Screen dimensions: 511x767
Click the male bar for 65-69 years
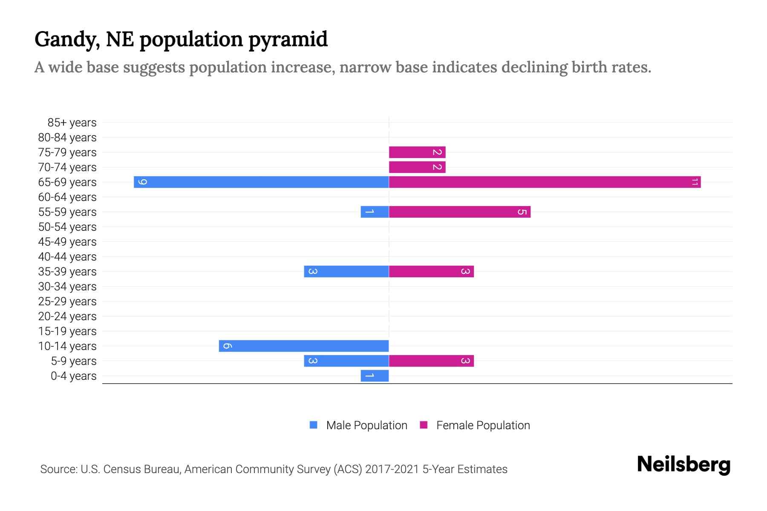point(261,182)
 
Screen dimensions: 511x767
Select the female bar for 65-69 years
point(545,182)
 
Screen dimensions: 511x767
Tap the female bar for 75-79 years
point(417,152)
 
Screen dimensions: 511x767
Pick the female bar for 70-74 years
point(417,167)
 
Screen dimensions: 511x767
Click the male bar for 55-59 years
point(375,212)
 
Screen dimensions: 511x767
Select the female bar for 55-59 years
point(459,212)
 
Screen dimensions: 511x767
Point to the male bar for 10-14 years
point(303,346)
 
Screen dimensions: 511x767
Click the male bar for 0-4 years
point(375,376)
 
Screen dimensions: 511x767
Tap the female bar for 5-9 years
point(431,361)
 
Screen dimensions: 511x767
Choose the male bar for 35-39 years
point(346,271)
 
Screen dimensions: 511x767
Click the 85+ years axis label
point(72,123)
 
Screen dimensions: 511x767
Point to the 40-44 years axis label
point(67,257)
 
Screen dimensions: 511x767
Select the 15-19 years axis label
point(67,331)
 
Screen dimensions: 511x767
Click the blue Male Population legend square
point(314,425)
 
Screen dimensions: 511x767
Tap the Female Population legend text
point(483,425)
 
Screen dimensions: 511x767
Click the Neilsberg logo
point(683,465)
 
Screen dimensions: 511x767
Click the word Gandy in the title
point(67,40)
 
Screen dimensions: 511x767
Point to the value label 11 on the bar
point(695,182)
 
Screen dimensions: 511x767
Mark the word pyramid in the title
point(288,40)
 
